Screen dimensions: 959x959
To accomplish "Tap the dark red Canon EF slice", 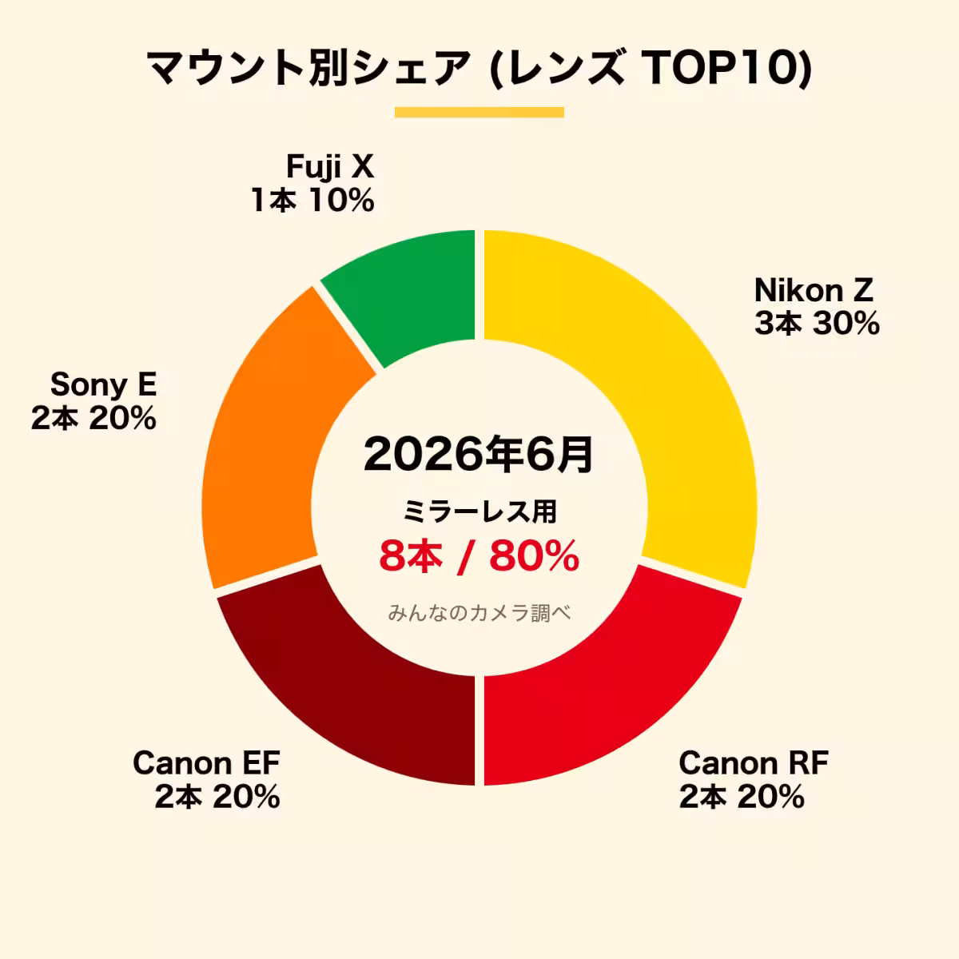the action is (344, 692).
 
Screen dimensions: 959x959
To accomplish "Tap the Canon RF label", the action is (754, 762).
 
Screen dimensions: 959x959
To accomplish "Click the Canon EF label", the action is (206, 762).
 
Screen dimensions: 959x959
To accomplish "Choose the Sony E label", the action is (104, 384).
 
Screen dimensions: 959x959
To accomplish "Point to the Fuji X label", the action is (330, 168).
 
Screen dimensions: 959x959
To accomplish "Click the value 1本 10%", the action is (312, 200).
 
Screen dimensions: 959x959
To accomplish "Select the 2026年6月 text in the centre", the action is (479, 455).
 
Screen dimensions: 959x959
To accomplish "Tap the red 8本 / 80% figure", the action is (479, 556).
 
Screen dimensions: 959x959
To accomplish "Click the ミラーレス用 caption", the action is (479, 511).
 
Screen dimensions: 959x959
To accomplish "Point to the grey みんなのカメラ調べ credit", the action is (479, 613).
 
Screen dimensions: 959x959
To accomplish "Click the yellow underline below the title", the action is (479, 113).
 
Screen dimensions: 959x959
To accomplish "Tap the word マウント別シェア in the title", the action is (308, 68).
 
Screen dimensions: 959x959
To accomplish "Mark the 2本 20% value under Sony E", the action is (94, 418).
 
